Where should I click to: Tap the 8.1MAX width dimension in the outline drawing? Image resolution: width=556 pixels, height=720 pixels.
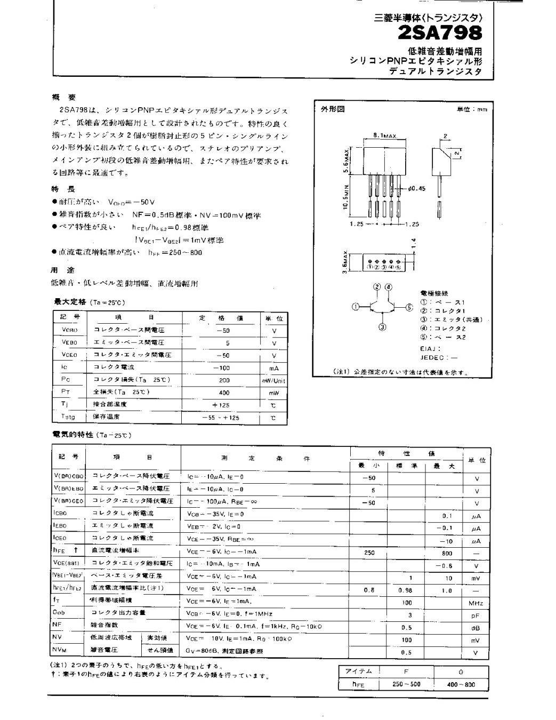385,137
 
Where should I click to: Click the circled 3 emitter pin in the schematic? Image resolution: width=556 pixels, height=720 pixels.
382,327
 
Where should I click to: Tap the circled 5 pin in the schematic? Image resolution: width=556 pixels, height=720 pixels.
409,307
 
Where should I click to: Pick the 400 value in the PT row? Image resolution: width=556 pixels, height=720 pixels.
224,393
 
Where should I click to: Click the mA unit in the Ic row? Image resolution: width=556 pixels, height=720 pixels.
274,368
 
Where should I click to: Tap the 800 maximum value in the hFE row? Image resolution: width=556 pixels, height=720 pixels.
447,553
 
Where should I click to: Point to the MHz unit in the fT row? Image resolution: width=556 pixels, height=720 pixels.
476,603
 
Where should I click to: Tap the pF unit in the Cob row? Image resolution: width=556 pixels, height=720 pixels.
476,615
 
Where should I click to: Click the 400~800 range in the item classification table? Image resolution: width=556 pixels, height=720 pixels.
462,684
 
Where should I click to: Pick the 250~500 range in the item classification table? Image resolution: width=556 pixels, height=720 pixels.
406,684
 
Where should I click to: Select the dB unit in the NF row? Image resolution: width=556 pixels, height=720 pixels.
476,628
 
